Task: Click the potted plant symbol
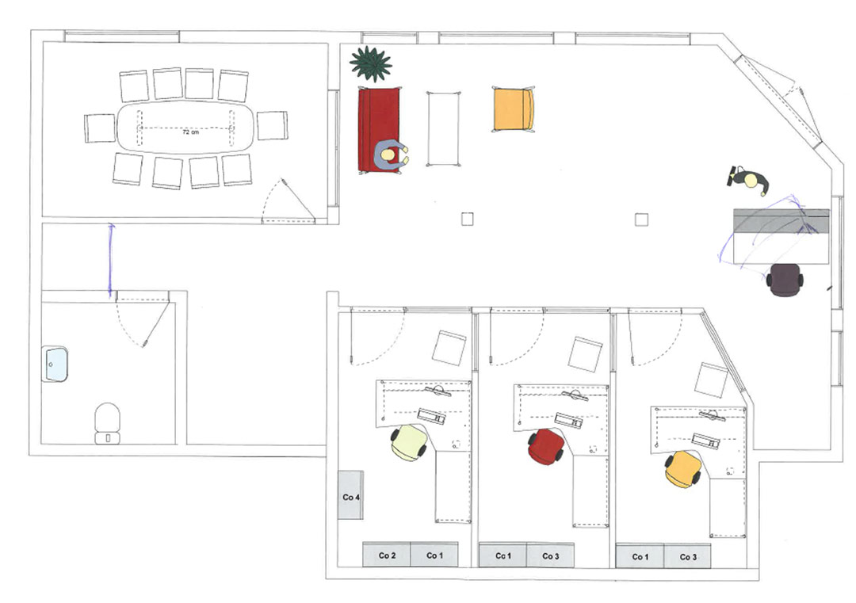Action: pyautogui.click(x=371, y=63)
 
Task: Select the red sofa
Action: pyautogui.click(x=379, y=130)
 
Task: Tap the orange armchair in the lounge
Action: pyautogui.click(x=513, y=109)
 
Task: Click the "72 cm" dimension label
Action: pyautogui.click(x=190, y=132)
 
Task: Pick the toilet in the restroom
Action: pyautogui.click(x=108, y=423)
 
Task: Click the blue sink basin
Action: pyautogui.click(x=55, y=364)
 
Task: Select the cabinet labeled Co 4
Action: pyautogui.click(x=350, y=495)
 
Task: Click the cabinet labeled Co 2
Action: pyautogui.click(x=387, y=555)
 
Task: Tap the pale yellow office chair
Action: pyautogui.click(x=408, y=443)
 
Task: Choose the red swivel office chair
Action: pyautogui.click(x=546, y=447)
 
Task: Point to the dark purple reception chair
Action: pyautogui.click(x=785, y=280)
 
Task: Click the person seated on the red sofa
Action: pyautogui.click(x=391, y=155)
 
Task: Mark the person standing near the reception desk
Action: pyautogui.click(x=750, y=181)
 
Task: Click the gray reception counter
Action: pyautogui.click(x=781, y=236)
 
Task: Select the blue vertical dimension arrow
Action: pyautogui.click(x=111, y=261)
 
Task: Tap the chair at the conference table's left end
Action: pyautogui.click(x=101, y=128)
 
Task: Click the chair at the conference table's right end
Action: pyautogui.click(x=273, y=125)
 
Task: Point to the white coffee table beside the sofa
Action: pyautogui.click(x=443, y=129)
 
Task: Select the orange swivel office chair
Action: pyautogui.click(x=683, y=469)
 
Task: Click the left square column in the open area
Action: pyautogui.click(x=468, y=219)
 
